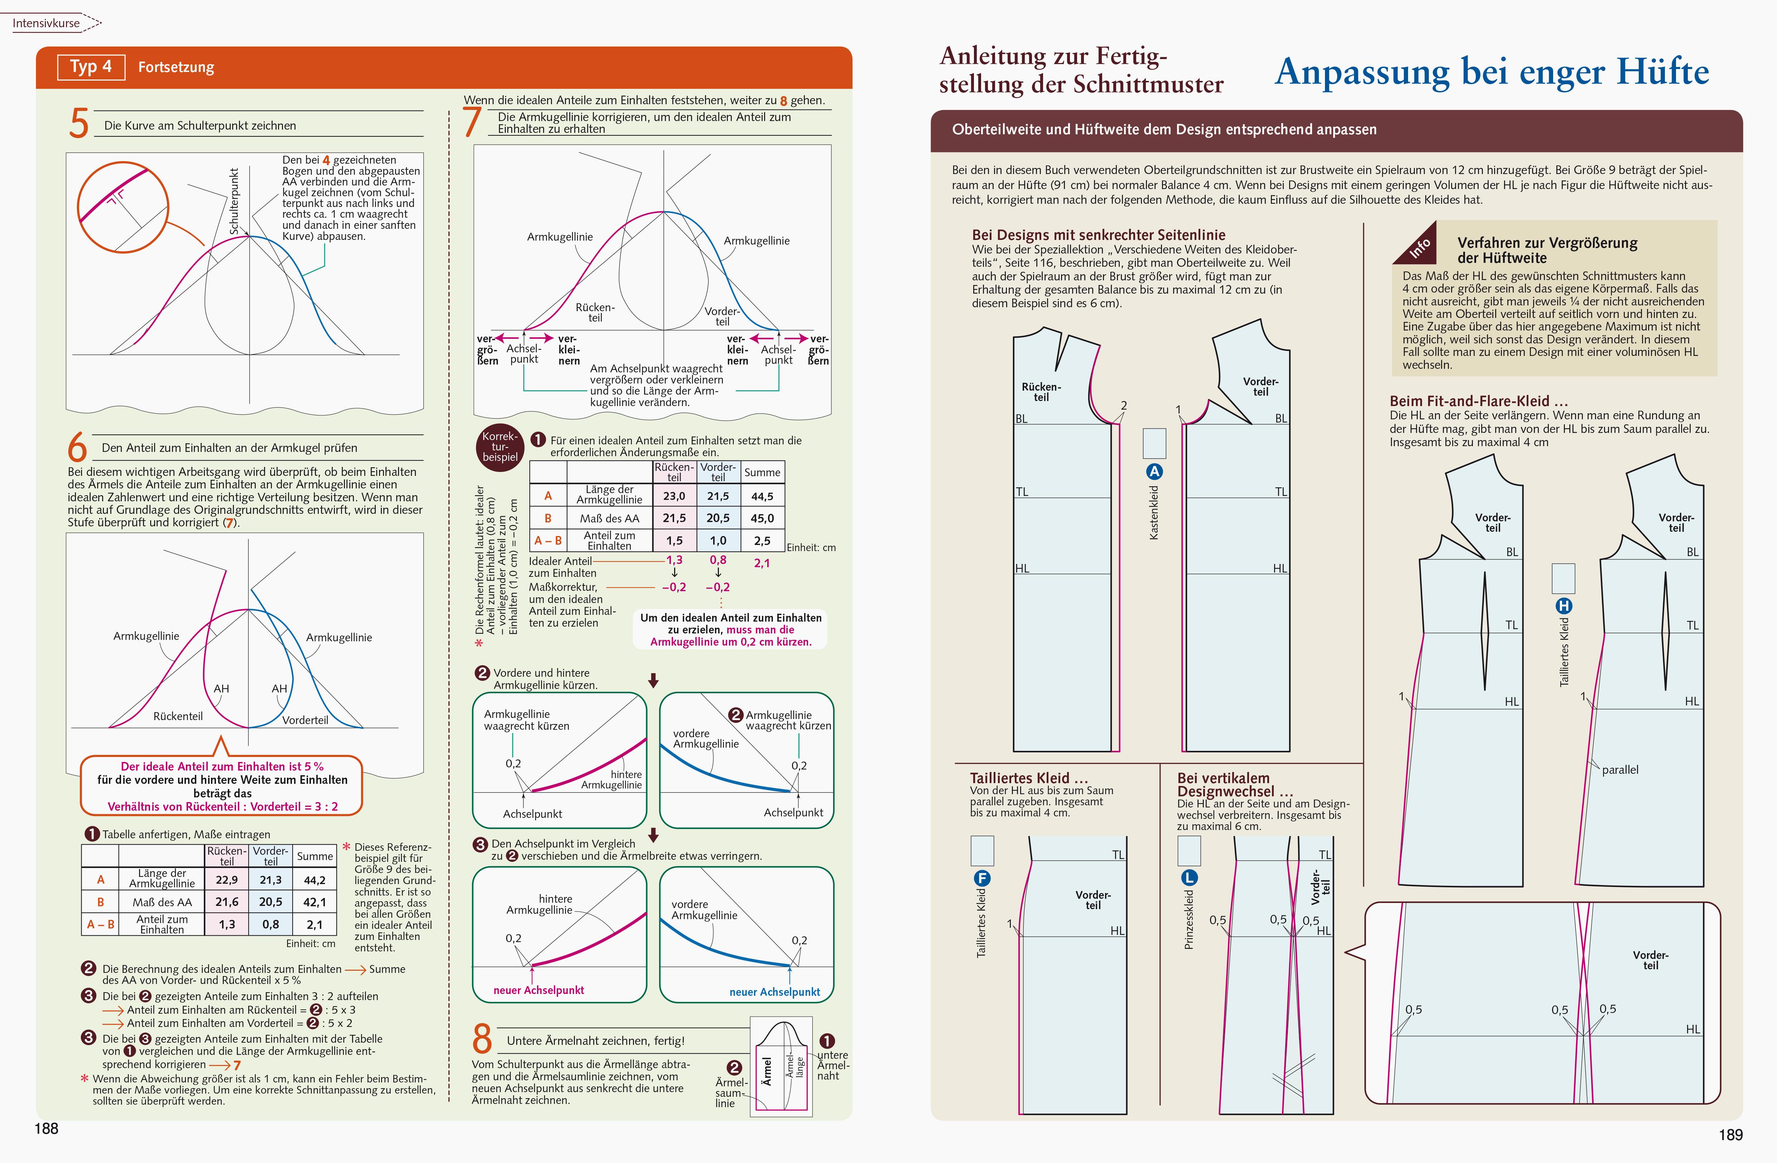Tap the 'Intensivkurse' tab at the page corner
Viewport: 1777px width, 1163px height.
pos(46,23)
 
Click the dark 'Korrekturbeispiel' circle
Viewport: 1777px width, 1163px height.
pos(499,447)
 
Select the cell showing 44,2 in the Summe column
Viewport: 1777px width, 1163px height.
pos(314,880)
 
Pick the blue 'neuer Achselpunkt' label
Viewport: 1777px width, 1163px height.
pos(774,992)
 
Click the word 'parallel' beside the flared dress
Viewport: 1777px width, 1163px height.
pos(1619,769)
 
